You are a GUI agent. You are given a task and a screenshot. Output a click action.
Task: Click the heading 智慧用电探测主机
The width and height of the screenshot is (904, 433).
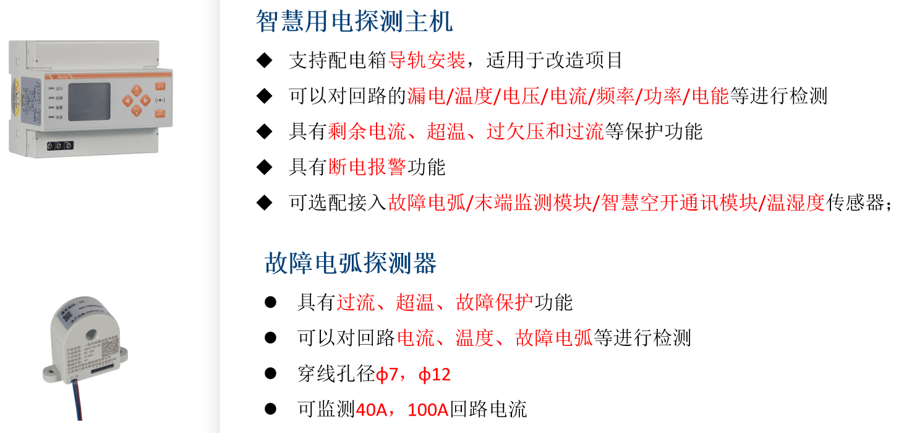(x=354, y=22)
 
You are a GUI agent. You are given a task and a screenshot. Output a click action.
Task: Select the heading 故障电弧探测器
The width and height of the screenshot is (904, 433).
(x=351, y=264)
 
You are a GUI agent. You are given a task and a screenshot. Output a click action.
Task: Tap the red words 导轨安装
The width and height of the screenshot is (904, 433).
(x=427, y=61)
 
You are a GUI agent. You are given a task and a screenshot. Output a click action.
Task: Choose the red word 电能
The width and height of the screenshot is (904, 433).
(x=710, y=96)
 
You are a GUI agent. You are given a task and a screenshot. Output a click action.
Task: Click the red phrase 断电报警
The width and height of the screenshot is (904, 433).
(x=367, y=167)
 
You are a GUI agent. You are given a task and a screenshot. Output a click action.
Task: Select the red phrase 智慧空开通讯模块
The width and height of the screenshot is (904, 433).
(x=679, y=203)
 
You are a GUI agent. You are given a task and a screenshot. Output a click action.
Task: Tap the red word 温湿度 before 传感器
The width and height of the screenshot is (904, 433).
(x=796, y=203)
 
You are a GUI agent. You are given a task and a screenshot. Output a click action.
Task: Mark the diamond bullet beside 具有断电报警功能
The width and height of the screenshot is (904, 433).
(x=264, y=167)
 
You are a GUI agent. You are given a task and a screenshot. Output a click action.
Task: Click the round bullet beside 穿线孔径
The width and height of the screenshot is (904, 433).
(x=270, y=373)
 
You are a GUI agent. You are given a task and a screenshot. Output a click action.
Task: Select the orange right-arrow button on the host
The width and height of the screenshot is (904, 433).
(x=145, y=100)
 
